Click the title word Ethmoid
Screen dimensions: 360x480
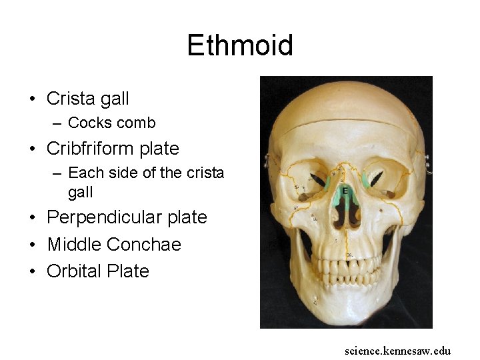coord(240,45)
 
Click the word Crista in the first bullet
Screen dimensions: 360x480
coord(71,99)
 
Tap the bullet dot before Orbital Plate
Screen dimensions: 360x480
coord(32,272)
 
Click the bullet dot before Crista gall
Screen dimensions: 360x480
coord(32,99)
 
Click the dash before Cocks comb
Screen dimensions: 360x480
coord(59,123)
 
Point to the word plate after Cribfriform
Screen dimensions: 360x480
coord(159,148)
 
